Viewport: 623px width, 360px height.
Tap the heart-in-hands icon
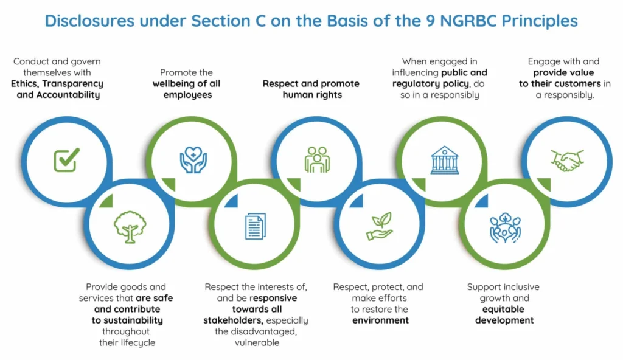193,160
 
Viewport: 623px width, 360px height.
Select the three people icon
317,160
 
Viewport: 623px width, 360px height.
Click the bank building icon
445,160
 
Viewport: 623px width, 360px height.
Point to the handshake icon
567,161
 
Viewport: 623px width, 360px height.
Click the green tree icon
130,227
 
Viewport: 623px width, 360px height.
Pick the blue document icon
256,226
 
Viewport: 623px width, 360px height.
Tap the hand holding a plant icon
380,226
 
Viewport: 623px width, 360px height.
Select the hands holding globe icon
504,228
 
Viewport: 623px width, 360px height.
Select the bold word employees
187,95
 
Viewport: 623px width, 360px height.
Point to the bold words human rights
312,95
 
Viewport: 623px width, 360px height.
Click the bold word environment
381,320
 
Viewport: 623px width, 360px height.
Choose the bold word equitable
503,310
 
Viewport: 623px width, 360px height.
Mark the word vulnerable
257,342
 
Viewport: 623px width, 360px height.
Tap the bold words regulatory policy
431,84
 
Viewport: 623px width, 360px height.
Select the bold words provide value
563,73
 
